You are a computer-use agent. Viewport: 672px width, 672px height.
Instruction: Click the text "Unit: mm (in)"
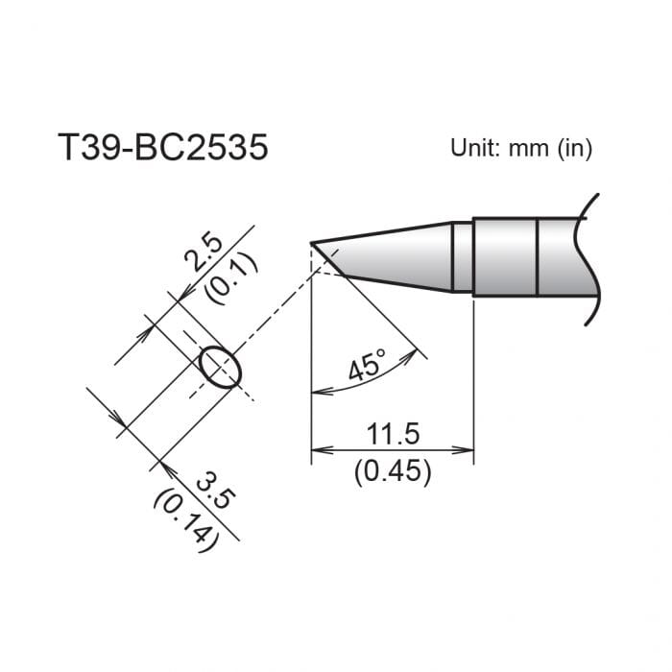click(x=521, y=148)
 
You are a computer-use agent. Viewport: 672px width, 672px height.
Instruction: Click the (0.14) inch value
click(x=187, y=522)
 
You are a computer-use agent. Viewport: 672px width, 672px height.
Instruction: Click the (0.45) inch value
click(x=393, y=471)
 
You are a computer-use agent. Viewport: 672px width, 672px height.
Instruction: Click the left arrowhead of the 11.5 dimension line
click(x=318, y=448)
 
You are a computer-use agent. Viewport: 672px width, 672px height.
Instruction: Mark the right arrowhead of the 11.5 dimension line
click(x=468, y=448)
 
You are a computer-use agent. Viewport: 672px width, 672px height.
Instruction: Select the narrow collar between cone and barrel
click(x=463, y=257)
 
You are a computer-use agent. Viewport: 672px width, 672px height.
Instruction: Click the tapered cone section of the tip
click(x=394, y=254)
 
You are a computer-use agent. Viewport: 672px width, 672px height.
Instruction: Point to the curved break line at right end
click(x=595, y=259)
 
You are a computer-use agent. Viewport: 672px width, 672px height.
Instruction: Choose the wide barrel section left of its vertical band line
click(x=505, y=257)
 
